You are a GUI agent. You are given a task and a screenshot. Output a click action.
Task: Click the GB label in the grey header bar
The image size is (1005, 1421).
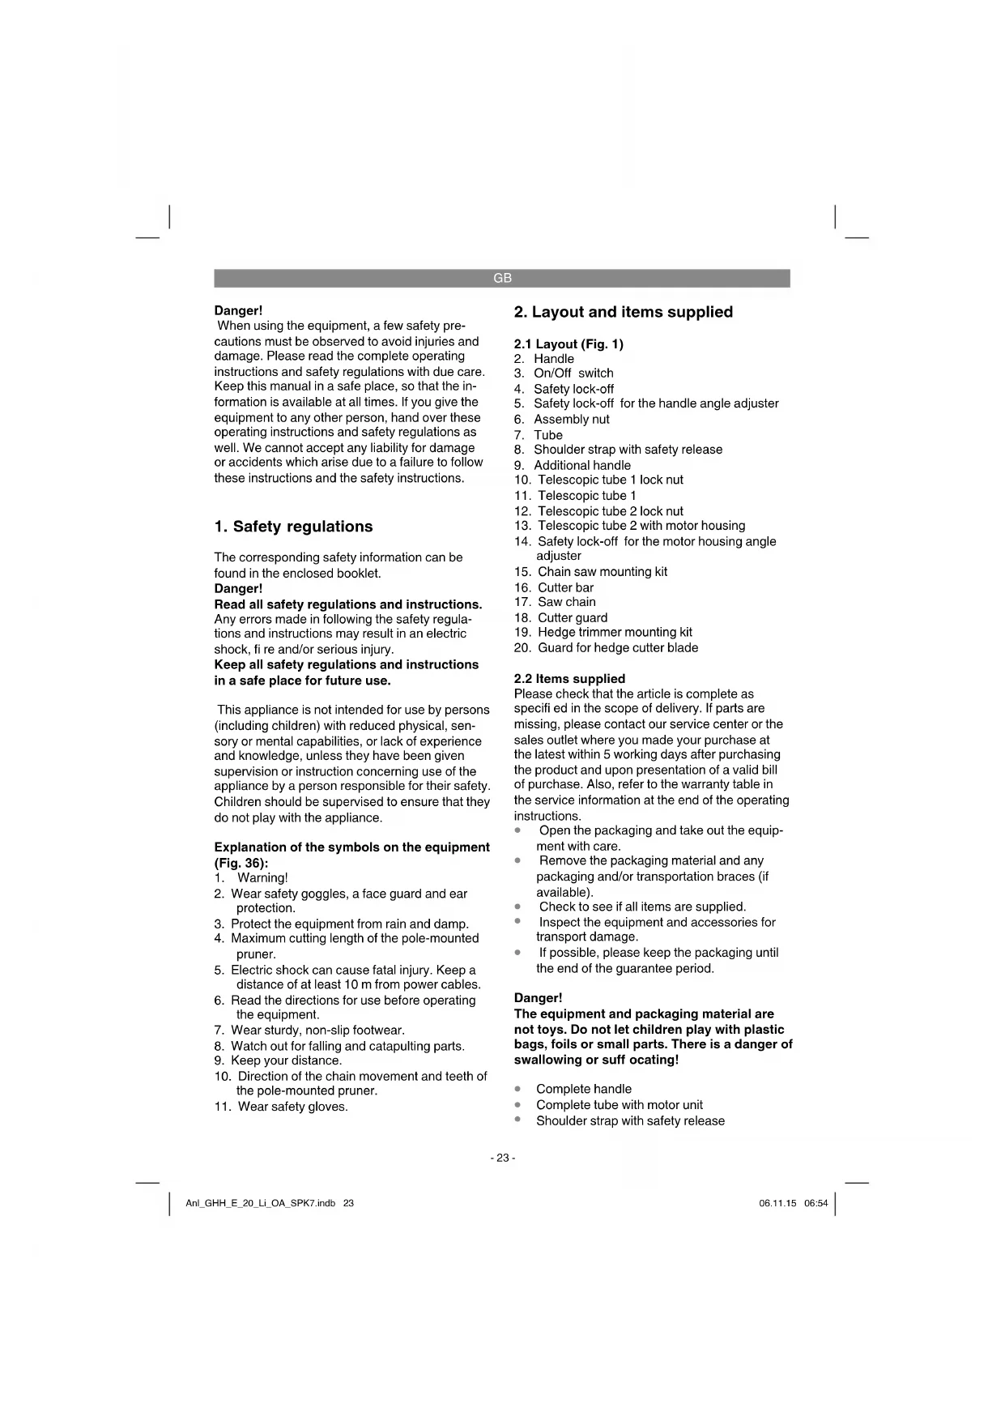(502, 278)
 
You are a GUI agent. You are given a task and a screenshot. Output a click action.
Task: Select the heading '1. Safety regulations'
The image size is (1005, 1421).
(293, 527)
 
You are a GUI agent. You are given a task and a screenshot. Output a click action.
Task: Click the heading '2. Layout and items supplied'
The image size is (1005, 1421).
(624, 312)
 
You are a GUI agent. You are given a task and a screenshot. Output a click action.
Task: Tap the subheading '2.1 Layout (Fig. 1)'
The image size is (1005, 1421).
(569, 344)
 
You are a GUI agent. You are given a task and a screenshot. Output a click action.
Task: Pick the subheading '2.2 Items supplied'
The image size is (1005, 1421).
(569, 678)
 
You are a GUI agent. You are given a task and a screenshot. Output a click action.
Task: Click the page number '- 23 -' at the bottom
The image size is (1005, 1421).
(502, 1158)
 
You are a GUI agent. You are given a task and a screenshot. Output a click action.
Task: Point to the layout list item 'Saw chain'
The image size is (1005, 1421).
(566, 602)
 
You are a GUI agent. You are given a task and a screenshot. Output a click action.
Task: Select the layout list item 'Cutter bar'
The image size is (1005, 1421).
(565, 587)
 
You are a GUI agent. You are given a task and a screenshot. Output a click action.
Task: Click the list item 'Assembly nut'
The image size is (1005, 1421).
(571, 419)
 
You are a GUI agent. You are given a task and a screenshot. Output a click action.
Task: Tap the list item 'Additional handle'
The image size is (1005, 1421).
(581, 465)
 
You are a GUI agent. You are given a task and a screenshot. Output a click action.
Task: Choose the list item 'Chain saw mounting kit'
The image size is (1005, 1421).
(602, 571)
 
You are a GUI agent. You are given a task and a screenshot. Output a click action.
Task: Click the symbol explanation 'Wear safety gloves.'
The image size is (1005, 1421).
(292, 1107)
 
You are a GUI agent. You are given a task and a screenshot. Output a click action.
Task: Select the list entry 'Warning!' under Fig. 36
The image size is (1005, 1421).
(262, 877)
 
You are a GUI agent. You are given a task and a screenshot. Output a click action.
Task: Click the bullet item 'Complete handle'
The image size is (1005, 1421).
(583, 1089)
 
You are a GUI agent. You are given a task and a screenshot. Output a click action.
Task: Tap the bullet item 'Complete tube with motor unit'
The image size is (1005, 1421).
(619, 1104)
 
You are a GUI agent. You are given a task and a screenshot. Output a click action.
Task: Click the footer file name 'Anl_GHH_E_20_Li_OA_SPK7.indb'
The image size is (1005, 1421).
(260, 1203)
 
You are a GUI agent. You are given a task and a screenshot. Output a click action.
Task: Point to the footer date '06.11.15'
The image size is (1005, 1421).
(777, 1203)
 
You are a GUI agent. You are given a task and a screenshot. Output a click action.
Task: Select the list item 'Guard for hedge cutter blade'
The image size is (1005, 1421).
(617, 647)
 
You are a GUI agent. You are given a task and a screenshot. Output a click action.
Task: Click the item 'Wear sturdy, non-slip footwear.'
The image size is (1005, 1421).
(317, 1030)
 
